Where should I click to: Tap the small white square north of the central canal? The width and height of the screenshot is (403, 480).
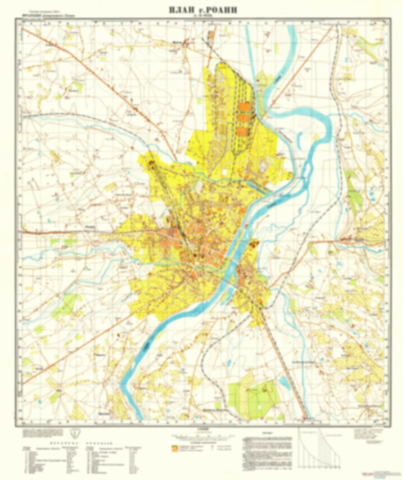click(225, 172)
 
